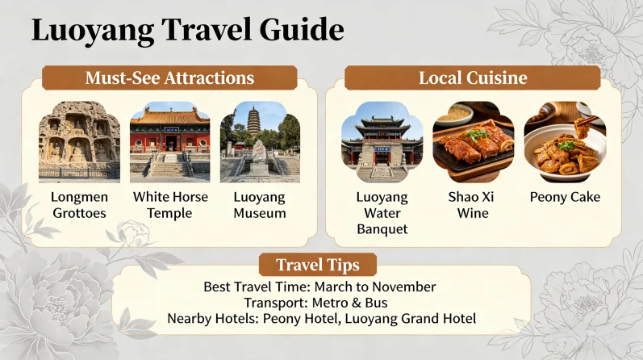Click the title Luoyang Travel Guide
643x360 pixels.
(x=187, y=31)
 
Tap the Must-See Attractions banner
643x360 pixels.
(x=169, y=78)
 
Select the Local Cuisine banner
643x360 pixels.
(x=472, y=78)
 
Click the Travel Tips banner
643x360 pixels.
(x=317, y=265)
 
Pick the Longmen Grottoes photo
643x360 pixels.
(x=79, y=142)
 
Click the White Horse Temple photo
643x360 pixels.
(x=170, y=142)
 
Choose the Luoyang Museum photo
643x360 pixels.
(x=260, y=142)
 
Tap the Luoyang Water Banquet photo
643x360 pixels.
(x=382, y=142)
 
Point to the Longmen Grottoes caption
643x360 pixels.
(x=79, y=205)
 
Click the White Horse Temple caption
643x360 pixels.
(x=170, y=205)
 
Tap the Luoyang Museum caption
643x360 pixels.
(x=260, y=205)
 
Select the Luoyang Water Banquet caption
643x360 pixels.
(x=382, y=213)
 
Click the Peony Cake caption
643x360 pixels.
(x=565, y=197)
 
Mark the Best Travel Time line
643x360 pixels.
(x=320, y=287)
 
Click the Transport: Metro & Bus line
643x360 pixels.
(x=320, y=303)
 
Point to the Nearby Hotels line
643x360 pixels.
(x=321, y=319)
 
